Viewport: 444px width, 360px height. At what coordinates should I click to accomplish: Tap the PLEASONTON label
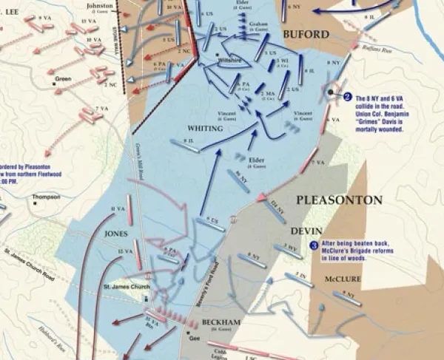pyautogui.click(x=339, y=200)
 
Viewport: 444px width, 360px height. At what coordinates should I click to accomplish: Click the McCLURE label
pyautogui.click(x=343, y=280)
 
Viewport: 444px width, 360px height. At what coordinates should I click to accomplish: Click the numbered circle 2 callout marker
pyautogui.click(x=346, y=95)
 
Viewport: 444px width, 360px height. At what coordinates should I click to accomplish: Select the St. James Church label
pyautogui.click(x=121, y=288)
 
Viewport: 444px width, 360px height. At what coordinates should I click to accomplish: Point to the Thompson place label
pyautogui.click(x=46, y=197)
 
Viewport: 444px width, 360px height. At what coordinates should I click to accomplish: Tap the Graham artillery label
pyautogui.click(x=258, y=23)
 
